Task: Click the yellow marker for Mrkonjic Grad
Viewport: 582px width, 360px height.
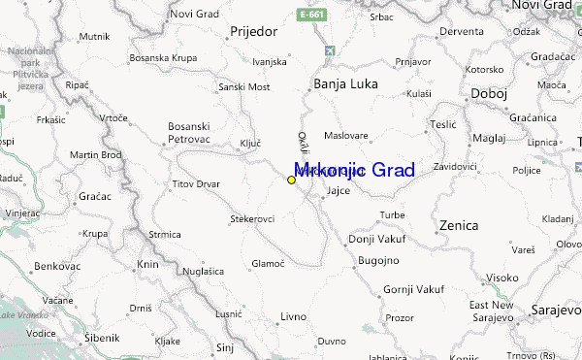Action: coord(291,180)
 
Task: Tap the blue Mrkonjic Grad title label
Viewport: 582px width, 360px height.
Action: coord(354,171)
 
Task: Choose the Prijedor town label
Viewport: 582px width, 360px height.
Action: coord(254,31)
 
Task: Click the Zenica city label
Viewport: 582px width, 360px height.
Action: coord(459,225)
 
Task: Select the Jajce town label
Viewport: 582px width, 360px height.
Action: coord(338,190)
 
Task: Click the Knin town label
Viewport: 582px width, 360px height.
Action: coord(148,264)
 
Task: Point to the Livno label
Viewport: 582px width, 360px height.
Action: coord(293,317)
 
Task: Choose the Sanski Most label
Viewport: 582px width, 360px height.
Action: coord(244,86)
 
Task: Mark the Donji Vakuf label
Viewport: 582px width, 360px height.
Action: coord(372,239)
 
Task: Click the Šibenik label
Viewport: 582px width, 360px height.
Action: coord(101,338)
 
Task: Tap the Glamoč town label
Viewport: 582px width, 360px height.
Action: coord(268,263)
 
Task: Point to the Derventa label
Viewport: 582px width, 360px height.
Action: coord(462,31)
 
